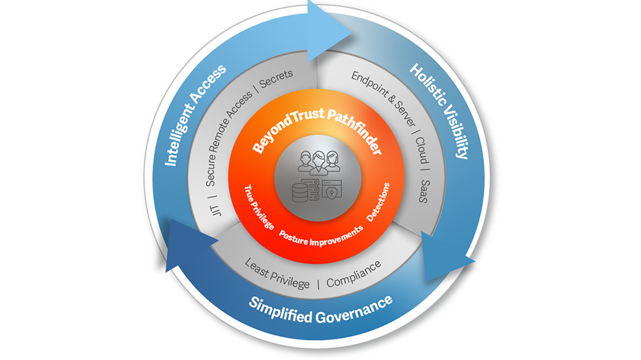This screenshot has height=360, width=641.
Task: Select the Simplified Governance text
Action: pyautogui.click(x=320, y=309)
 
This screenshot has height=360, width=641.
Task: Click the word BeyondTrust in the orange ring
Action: pyautogui.click(x=283, y=131)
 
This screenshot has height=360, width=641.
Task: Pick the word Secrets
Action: pyautogui.click(x=276, y=82)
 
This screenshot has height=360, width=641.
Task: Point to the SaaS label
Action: pyautogui.click(x=422, y=191)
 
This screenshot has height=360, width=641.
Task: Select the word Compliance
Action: pyautogui.click(x=354, y=272)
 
